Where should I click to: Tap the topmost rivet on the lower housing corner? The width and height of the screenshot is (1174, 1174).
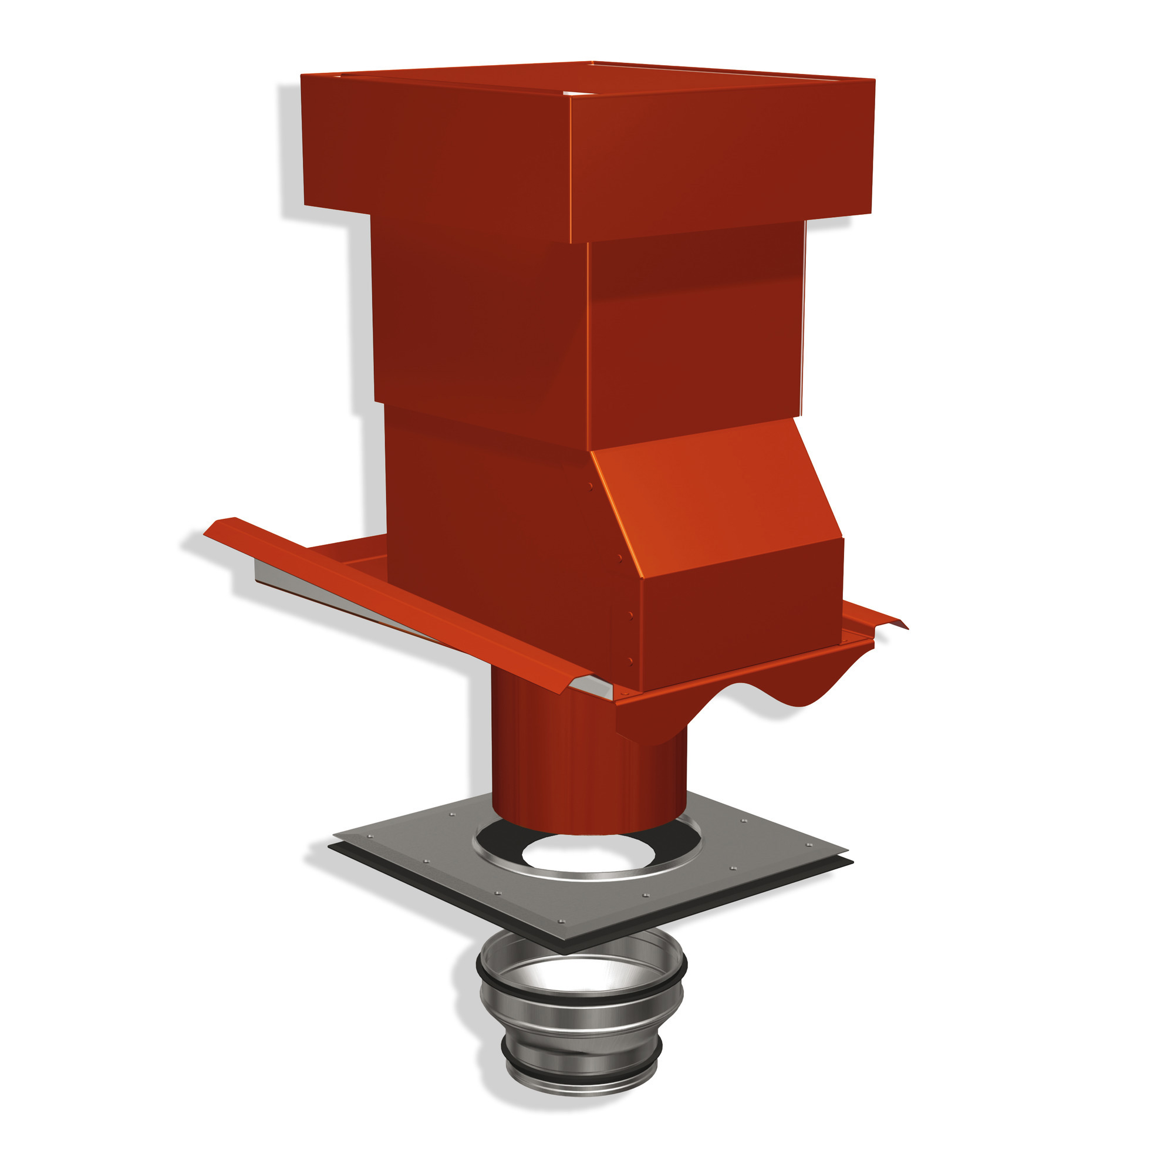(590, 486)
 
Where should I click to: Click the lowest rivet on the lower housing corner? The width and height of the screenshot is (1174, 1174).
(630, 661)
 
